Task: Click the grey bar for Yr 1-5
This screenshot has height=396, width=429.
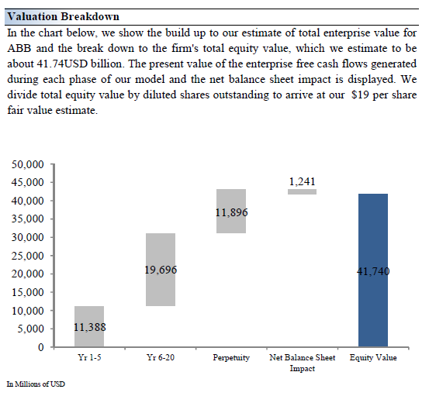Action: click(89, 326)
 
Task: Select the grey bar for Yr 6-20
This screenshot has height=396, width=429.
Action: click(161, 270)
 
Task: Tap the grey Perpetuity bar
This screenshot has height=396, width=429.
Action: click(231, 211)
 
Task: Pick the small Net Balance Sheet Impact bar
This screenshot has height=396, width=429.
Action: click(303, 191)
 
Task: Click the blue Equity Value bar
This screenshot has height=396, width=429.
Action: click(373, 270)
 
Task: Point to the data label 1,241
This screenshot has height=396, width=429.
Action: click(303, 181)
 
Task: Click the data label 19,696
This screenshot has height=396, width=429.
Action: click(161, 270)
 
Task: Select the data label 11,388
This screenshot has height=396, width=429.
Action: click(90, 327)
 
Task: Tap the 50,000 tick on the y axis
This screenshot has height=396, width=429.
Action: click(27, 164)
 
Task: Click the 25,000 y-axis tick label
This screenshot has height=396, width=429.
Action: click(27, 256)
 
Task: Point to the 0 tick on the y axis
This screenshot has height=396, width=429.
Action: click(41, 347)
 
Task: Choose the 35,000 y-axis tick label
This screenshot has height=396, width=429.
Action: click(27, 219)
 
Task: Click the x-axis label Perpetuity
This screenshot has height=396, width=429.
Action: click(231, 358)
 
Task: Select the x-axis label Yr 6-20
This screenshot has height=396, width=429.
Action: click(161, 357)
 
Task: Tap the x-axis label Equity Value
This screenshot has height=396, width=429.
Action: click(373, 358)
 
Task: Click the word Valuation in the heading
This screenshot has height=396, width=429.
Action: click(33, 16)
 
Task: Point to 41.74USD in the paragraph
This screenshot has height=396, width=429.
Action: click(62, 64)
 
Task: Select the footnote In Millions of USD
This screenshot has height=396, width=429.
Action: click(36, 384)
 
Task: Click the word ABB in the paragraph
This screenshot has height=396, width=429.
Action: click(19, 48)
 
